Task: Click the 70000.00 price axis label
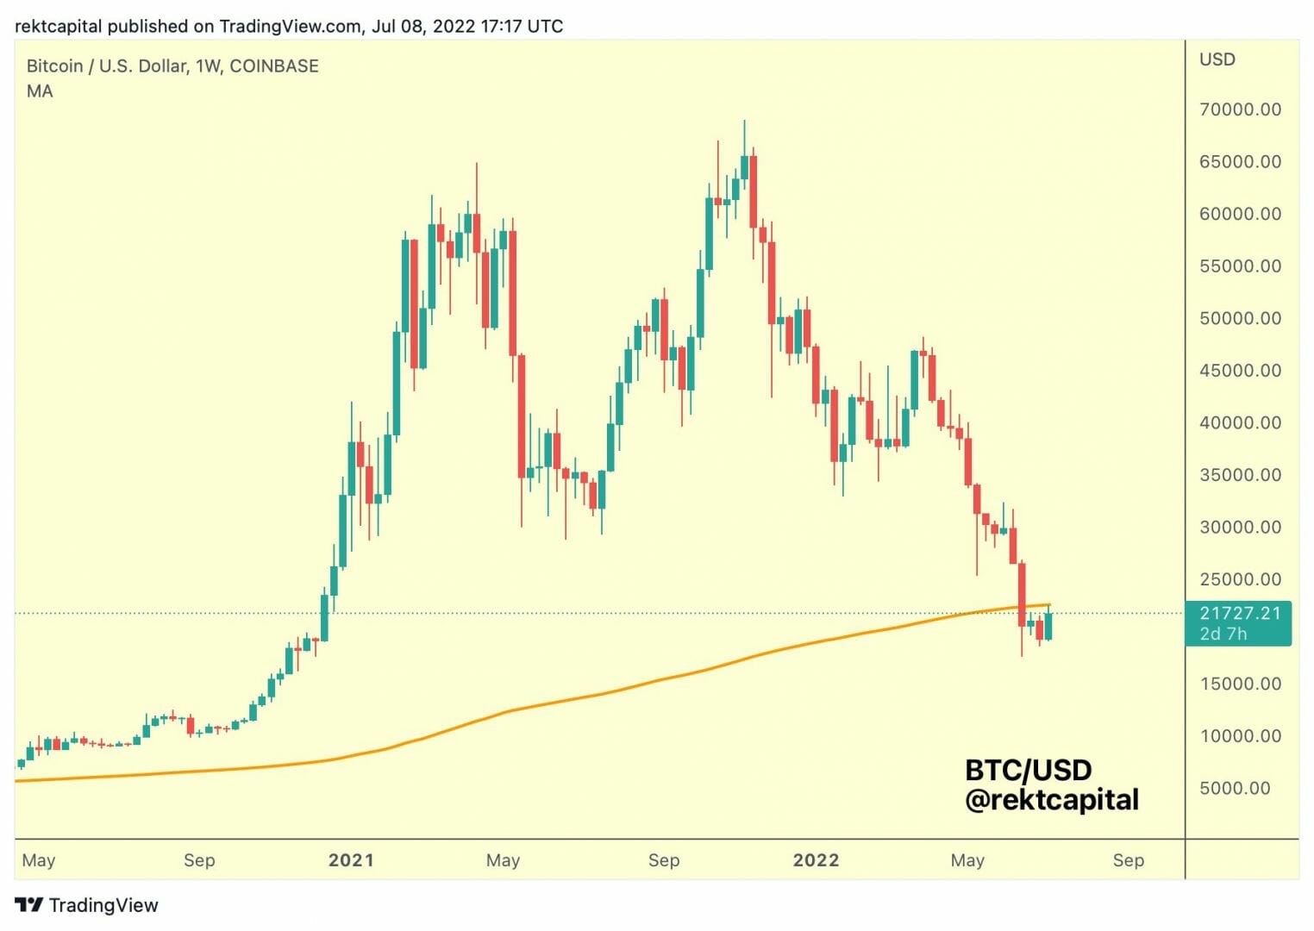pos(1240,109)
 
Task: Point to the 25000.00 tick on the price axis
pos(1240,579)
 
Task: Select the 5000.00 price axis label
pos(1235,788)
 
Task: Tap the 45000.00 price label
pos(1240,371)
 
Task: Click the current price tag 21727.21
pos(1240,613)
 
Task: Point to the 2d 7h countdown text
pos(1223,634)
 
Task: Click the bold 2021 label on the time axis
pos(351,860)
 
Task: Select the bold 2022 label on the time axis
pos(816,860)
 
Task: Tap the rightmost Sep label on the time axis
pos(1128,860)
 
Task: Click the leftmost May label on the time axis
pos(39,860)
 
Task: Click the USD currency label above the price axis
pos(1217,59)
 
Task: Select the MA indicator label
pos(40,91)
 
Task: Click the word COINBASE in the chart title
pos(274,66)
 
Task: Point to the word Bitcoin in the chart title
pos(54,66)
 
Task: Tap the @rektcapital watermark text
pos(1052,800)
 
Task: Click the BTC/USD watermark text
pos(1028,770)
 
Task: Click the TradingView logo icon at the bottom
pos(28,905)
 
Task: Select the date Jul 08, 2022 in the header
pos(423,26)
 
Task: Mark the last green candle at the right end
pos(1048,625)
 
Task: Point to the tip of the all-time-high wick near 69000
pos(744,122)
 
